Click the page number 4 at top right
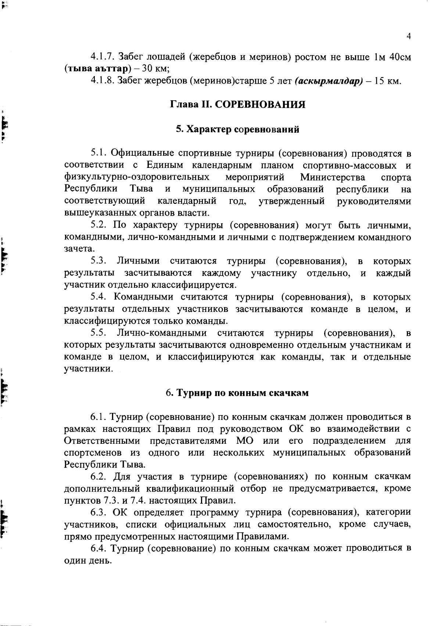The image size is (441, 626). click(x=408, y=36)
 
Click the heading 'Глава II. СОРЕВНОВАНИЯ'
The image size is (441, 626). click(x=237, y=105)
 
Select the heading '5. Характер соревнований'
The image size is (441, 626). click(x=237, y=129)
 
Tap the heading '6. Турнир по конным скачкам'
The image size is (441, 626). click(x=237, y=393)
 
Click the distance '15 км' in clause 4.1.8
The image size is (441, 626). click(x=386, y=81)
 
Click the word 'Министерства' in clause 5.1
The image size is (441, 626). click(x=333, y=177)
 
